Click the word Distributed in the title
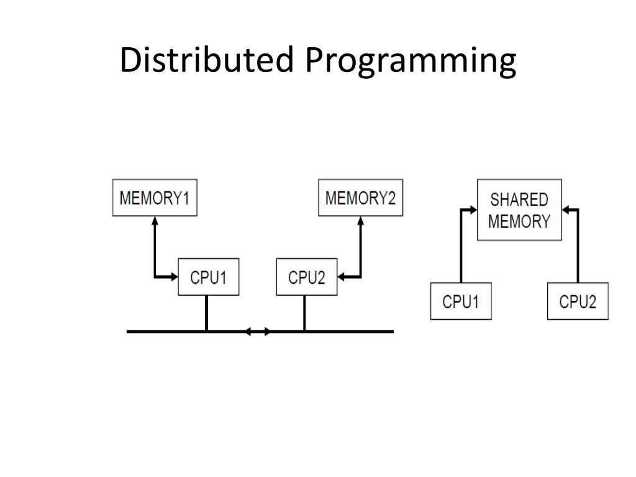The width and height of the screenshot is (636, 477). [207, 61]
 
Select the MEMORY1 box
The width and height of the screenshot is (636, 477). [155, 198]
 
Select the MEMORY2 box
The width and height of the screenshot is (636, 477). [360, 198]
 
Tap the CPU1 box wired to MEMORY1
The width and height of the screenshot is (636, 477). [209, 277]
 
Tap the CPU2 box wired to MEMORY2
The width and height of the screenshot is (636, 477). [306, 277]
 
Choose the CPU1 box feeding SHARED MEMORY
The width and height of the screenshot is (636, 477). [460, 301]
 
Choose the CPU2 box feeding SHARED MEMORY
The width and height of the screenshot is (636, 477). [577, 301]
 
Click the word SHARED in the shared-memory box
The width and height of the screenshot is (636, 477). [519, 200]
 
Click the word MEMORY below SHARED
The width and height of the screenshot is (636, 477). [519, 221]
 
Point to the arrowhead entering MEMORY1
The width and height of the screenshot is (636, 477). [155, 220]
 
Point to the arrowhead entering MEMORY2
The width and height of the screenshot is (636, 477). [360, 220]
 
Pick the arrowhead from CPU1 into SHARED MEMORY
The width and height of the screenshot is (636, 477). [473, 210]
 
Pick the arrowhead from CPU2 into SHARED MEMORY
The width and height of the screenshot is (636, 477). [566, 210]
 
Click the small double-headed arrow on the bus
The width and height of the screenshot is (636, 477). [258, 332]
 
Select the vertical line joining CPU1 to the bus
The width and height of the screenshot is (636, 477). [206, 313]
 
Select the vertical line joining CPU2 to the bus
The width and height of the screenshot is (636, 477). [304, 313]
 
